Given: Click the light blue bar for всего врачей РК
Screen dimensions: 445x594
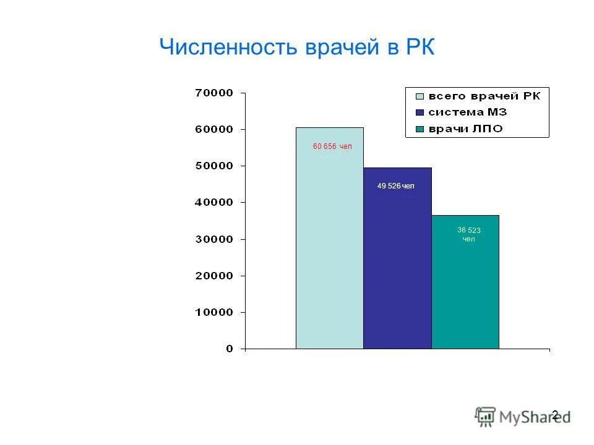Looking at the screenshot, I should (x=329, y=247).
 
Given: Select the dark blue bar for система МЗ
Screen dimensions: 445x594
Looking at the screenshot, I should (x=397, y=266).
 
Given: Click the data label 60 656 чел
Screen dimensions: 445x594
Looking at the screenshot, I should (x=332, y=146).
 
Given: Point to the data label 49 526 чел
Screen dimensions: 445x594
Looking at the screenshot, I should (x=396, y=186).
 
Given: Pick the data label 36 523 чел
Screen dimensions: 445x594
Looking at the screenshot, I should (x=469, y=234).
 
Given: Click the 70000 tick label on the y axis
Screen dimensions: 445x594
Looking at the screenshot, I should (x=214, y=93).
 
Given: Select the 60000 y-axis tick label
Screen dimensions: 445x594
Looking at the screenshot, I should (x=214, y=130).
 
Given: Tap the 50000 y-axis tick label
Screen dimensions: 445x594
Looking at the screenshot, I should (x=214, y=166).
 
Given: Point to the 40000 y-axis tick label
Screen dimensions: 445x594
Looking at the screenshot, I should (x=214, y=203).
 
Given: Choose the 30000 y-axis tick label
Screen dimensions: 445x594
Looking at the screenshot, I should (x=214, y=239).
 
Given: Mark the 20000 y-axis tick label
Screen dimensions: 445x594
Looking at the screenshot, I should (x=214, y=276).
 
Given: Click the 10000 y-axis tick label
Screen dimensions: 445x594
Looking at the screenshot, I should (x=214, y=313).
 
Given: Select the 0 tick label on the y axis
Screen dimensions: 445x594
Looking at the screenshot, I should (x=230, y=349).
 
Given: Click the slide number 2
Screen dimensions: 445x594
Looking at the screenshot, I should (x=554, y=415).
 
